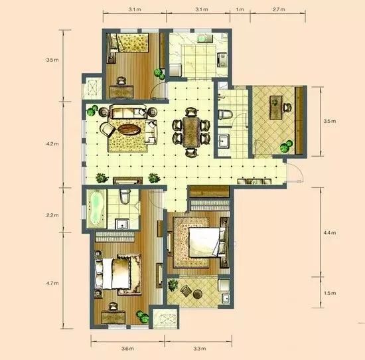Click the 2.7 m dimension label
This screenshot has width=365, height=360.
(279, 9)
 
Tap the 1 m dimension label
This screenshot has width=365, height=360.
(240, 9)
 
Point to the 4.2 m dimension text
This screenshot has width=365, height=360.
(52, 143)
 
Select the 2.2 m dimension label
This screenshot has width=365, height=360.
(52, 215)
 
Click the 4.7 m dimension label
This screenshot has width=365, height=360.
(52, 284)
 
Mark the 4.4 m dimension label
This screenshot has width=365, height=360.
(330, 232)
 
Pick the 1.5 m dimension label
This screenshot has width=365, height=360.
(330, 293)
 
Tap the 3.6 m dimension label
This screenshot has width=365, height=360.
(127, 349)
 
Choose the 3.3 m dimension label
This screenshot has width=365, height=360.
(200, 349)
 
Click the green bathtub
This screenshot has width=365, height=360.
(96, 209)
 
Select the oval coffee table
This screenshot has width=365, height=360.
(129, 130)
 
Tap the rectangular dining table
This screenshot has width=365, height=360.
(191, 132)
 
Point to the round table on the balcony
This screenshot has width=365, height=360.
(198, 294)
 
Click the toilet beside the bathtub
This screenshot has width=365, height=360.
(125, 196)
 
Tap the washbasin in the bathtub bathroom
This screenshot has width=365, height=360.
(123, 224)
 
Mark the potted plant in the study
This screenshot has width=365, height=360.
(286, 146)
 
